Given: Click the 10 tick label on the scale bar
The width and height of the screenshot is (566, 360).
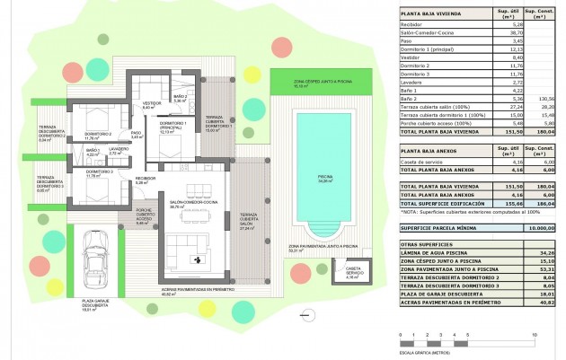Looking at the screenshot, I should point(535,334).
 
